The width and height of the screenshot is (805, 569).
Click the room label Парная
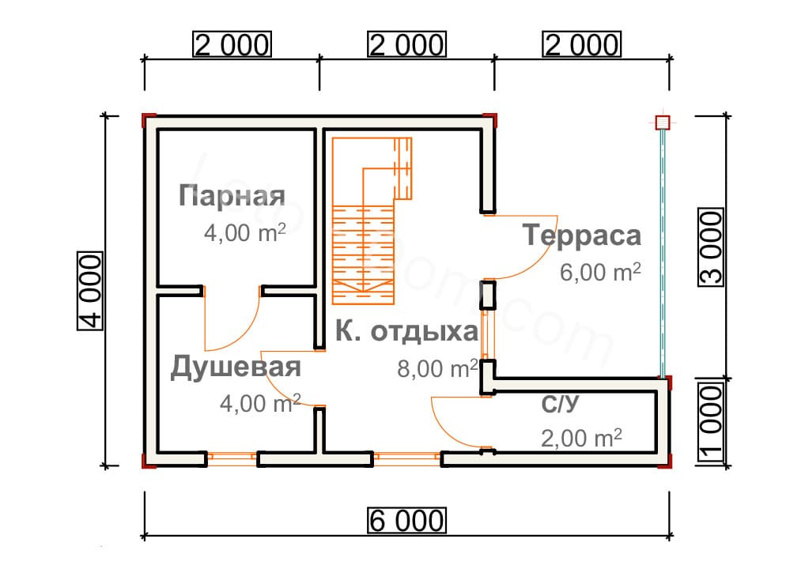(232, 195)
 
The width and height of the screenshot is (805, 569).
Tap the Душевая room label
(236, 367)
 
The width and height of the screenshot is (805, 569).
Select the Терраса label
(581, 236)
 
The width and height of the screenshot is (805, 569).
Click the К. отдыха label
(406, 331)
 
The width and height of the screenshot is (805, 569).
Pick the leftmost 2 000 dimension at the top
(232, 45)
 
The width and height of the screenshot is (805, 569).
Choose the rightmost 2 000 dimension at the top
(581, 45)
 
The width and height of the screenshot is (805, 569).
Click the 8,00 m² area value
(437, 369)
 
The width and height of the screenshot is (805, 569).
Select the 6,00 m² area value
(600, 273)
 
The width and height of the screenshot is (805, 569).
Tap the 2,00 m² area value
(581, 437)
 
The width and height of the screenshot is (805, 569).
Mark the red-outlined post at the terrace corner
(662, 122)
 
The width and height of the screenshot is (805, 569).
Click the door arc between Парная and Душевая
(237, 332)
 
